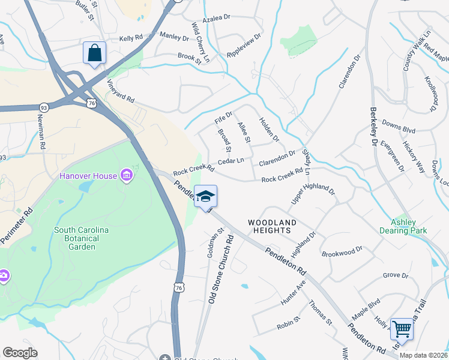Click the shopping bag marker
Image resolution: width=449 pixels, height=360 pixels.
coord(94,53)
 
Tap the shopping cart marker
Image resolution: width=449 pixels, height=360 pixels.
coord(402,329)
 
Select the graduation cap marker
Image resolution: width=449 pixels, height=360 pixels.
coord(205,196)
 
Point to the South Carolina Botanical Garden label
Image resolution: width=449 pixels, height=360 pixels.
coord(82,238)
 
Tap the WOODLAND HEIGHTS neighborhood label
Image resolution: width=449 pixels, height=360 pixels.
coord(273,226)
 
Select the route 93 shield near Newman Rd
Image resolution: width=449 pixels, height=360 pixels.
coord(44,107)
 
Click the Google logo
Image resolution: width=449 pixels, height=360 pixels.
coord(20,353)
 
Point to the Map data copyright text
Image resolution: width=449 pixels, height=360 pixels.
coord(423,355)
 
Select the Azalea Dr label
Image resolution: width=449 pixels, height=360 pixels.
coord(217,19)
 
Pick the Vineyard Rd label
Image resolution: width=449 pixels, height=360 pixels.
coord(121,91)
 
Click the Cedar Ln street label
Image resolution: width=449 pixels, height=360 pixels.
coord(231,161)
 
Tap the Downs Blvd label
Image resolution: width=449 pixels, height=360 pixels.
coord(399,129)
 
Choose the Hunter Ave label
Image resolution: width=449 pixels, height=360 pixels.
coord(292,293)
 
